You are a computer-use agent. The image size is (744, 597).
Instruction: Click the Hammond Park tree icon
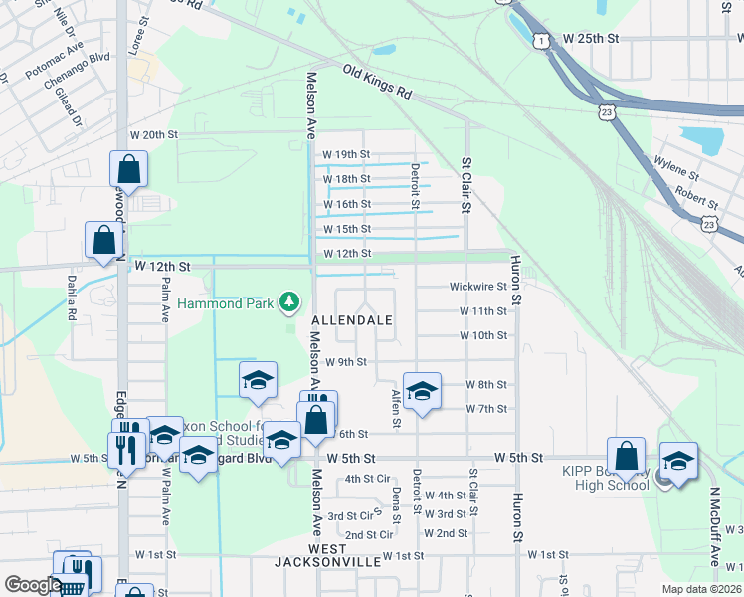coord(289,299)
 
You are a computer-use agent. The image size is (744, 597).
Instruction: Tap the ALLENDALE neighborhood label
coord(351,320)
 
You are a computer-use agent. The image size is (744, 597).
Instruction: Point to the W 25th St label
coord(591,38)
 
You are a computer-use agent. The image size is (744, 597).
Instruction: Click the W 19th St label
coord(346,154)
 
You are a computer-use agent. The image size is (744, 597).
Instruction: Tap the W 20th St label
coord(153,134)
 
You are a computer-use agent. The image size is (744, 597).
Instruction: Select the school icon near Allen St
coord(421,389)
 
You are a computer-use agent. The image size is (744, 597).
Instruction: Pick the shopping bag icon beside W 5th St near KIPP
coord(626,456)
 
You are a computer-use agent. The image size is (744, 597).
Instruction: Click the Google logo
coord(31,585)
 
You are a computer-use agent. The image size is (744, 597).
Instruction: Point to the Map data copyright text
coord(701,589)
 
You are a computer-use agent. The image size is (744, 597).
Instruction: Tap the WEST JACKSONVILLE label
coord(328,555)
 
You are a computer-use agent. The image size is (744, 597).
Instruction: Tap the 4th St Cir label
coord(367,479)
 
